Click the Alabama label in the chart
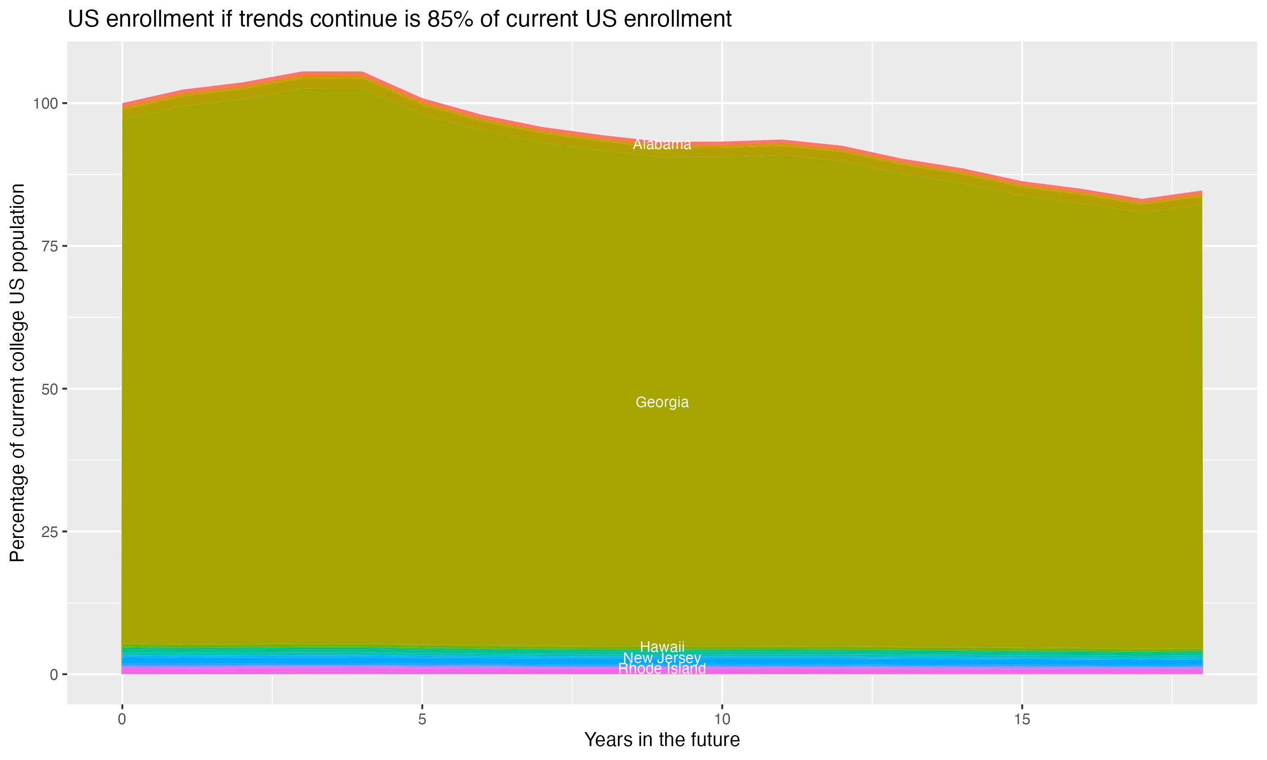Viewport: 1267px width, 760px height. point(662,144)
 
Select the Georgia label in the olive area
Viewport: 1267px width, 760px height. point(662,402)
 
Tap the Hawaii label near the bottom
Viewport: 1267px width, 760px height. point(662,647)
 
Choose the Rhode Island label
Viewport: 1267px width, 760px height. point(662,669)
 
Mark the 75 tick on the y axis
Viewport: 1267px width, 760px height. point(48,246)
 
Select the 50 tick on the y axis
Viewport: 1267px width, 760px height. point(48,389)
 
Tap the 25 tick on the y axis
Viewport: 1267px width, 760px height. point(48,532)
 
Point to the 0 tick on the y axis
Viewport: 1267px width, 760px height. point(53,674)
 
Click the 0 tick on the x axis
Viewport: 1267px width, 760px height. point(122,719)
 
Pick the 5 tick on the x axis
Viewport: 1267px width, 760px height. point(422,719)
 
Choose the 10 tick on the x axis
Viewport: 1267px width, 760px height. point(722,719)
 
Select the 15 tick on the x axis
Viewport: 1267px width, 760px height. point(1022,719)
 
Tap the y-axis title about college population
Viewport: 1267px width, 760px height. point(17,373)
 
